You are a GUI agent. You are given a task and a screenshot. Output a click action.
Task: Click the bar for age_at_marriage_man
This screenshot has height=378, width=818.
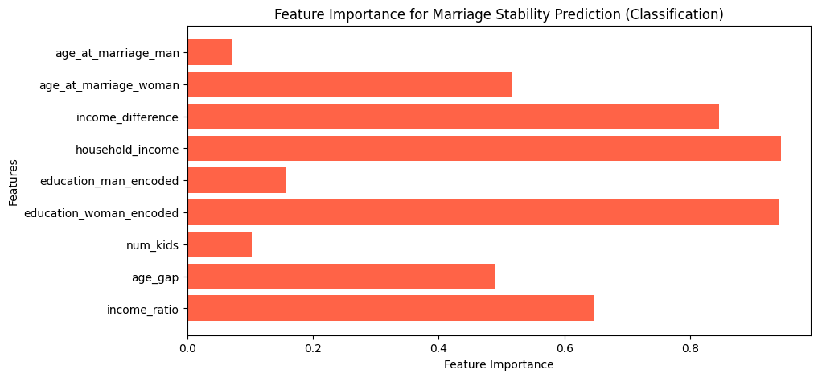click(x=210, y=52)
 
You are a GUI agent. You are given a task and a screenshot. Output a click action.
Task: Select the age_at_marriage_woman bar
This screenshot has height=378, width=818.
click(x=350, y=84)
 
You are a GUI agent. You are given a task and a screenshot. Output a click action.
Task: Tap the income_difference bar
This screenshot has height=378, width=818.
click(x=454, y=117)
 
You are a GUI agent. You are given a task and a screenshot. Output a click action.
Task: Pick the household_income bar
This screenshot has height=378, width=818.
click(x=484, y=148)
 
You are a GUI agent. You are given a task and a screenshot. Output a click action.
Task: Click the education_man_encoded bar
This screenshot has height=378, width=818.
click(x=236, y=180)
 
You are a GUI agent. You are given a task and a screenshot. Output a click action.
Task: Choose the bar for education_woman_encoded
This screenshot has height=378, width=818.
click(x=483, y=212)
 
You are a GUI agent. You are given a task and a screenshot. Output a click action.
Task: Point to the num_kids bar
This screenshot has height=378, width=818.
click(x=220, y=244)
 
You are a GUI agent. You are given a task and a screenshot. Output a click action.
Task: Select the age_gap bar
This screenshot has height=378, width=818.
click(x=341, y=277)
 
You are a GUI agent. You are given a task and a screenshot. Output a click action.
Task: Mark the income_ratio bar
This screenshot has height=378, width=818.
click(x=391, y=308)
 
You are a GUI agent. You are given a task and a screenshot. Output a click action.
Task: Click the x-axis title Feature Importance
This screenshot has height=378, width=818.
click(x=498, y=364)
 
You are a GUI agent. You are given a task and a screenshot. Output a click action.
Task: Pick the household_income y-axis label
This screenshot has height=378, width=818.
click(x=127, y=149)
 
